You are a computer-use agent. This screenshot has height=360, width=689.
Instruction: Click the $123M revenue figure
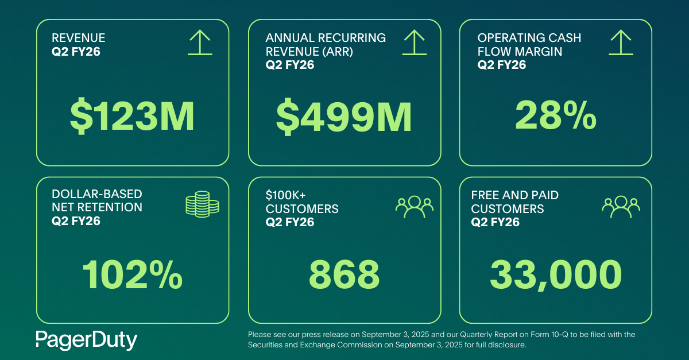(132, 116)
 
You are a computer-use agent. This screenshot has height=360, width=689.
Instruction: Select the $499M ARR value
(344, 116)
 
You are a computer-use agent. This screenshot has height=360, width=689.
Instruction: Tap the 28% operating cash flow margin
(555, 116)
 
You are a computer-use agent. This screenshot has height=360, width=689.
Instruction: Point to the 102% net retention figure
(132, 274)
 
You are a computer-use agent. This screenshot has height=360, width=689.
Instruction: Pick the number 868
(344, 274)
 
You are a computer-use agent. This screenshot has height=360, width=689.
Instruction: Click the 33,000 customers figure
(555, 274)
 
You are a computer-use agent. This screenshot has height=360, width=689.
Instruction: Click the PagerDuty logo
(86, 340)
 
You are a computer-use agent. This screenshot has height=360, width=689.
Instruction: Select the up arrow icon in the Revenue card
(200, 43)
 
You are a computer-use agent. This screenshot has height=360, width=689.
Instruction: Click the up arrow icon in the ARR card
(413, 43)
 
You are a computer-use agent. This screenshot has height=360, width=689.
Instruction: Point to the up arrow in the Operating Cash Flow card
(621, 43)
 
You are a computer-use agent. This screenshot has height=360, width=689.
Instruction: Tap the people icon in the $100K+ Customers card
(414, 207)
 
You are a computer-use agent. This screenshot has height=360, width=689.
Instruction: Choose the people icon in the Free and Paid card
(621, 207)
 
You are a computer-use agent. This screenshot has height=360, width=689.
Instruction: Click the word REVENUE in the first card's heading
(79, 38)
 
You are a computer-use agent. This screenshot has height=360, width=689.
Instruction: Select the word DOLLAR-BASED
(97, 194)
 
